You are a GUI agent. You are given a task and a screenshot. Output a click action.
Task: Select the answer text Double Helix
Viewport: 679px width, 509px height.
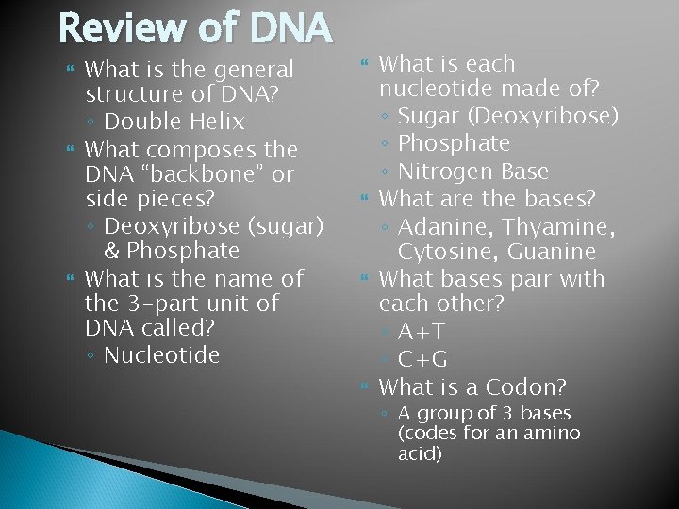coord(174,122)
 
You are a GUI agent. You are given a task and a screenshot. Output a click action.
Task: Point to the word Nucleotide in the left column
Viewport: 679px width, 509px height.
coord(161,355)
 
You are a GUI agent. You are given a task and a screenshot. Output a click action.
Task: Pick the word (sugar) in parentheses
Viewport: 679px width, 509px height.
coord(281,226)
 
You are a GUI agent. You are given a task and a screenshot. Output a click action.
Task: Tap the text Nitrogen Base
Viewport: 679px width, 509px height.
coord(473,171)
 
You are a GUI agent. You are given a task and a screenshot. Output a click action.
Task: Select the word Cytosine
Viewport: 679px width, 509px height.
coord(439,253)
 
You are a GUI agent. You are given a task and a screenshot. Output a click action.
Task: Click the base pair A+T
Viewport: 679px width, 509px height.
coord(422,333)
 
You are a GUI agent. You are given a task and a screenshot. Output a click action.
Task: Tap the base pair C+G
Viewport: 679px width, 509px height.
coord(422,360)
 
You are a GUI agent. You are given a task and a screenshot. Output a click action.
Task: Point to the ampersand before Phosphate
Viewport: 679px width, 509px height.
coord(112,252)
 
